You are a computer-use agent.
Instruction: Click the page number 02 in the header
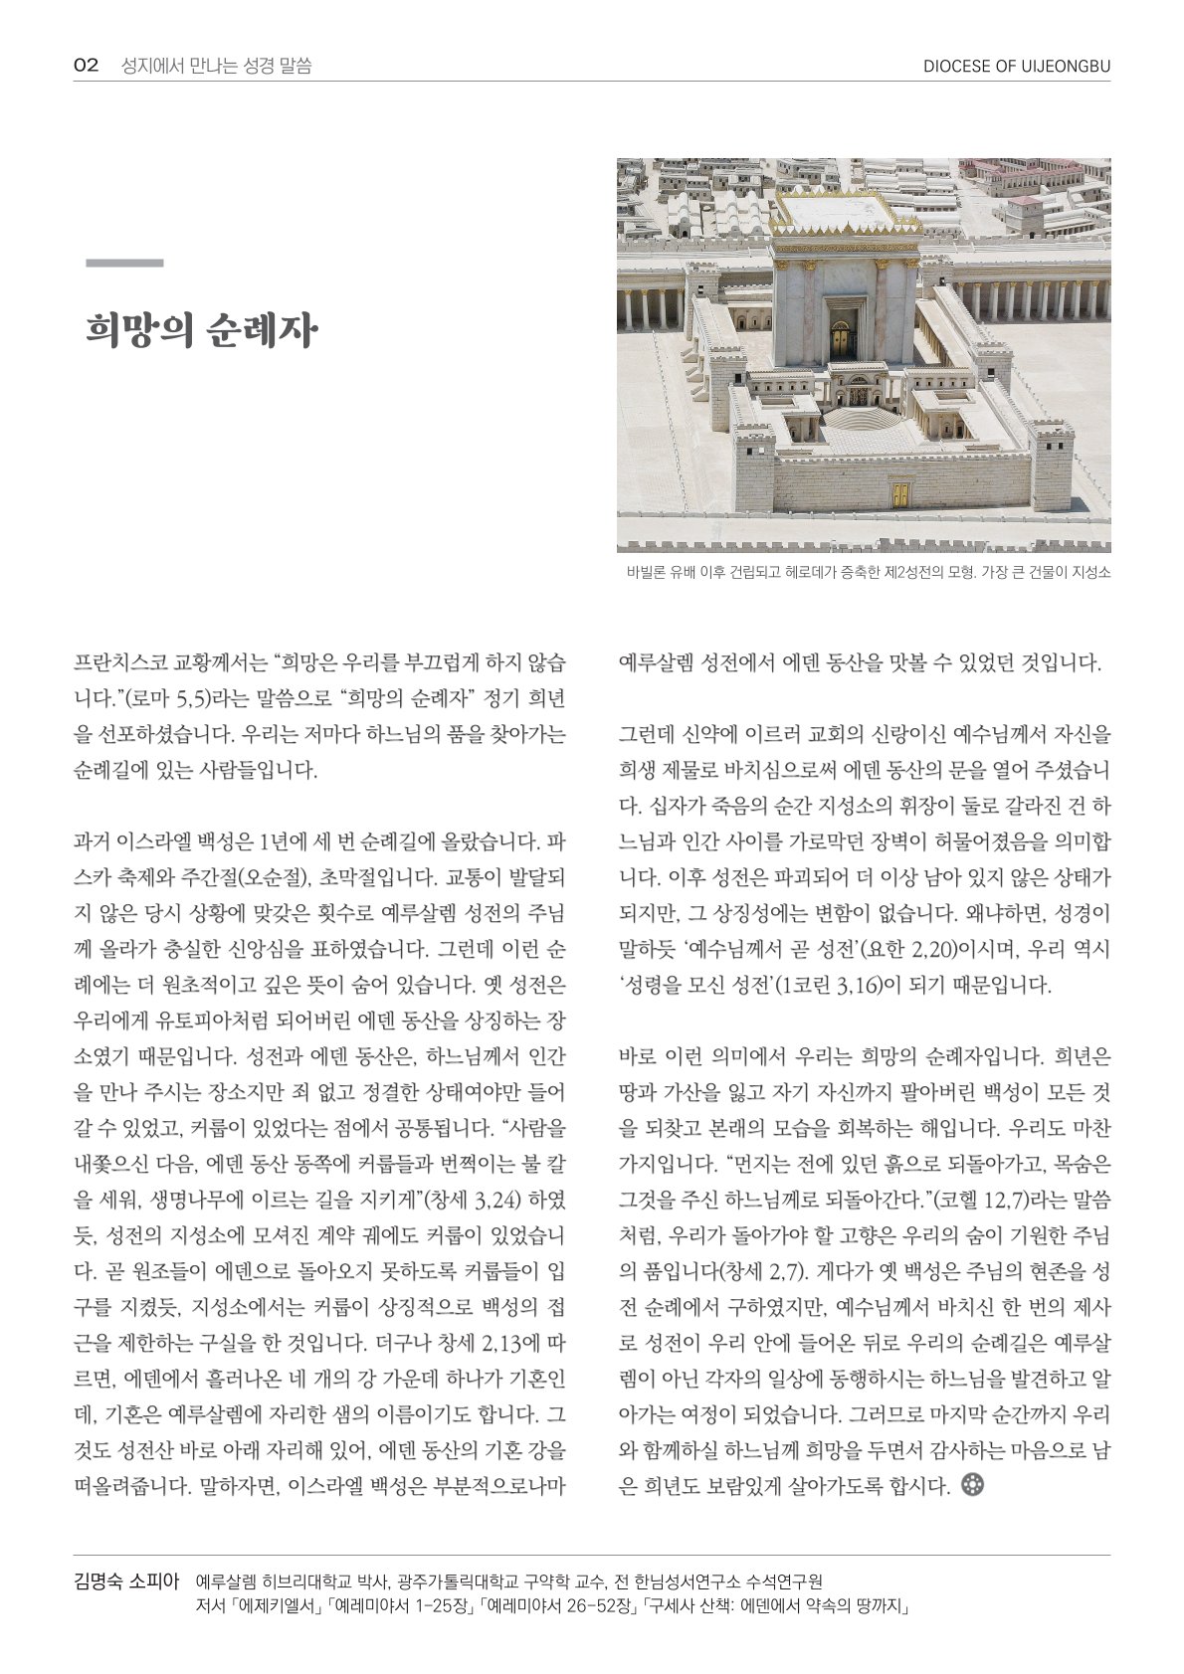[x=86, y=67]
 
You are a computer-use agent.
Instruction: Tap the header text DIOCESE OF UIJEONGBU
[x=1016, y=67]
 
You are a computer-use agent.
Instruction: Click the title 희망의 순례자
[x=201, y=330]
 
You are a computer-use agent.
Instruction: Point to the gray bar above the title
[x=124, y=264]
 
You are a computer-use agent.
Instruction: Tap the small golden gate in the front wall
[x=900, y=495]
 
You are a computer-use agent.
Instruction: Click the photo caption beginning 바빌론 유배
[x=868, y=572]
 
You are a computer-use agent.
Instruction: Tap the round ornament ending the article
[x=973, y=1485]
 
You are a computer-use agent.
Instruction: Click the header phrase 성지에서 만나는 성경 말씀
[x=216, y=67]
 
